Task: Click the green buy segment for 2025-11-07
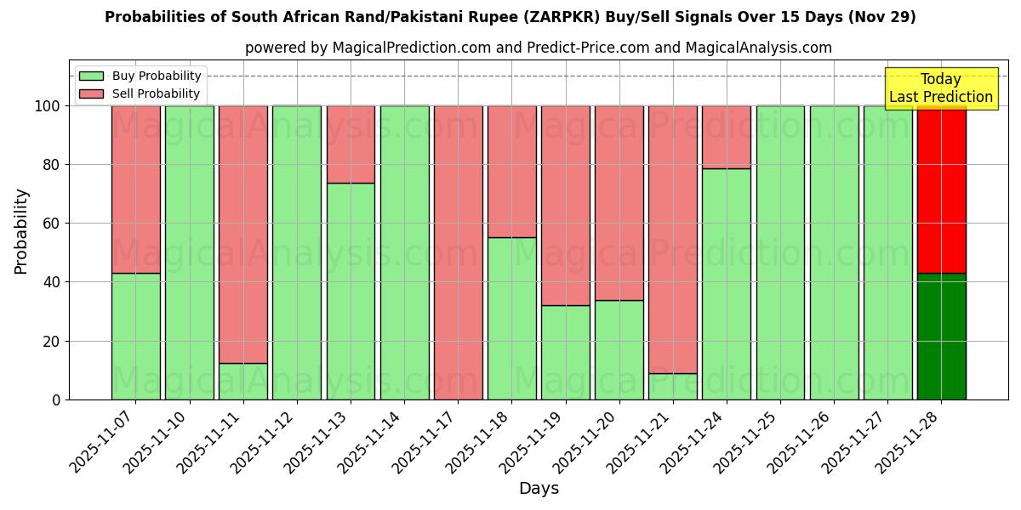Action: (x=135, y=336)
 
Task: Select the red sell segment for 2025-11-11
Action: (x=243, y=234)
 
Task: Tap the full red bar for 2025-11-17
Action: (x=458, y=252)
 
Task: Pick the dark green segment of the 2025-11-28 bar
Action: (x=941, y=336)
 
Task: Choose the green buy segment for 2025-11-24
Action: (x=727, y=284)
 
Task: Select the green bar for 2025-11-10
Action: (x=189, y=252)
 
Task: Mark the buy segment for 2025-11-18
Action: (x=511, y=318)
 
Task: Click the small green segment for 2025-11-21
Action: (x=673, y=387)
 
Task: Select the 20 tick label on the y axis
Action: (x=53, y=342)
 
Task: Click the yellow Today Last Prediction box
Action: (x=941, y=88)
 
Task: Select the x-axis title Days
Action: (x=539, y=489)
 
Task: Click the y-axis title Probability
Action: (x=21, y=231)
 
